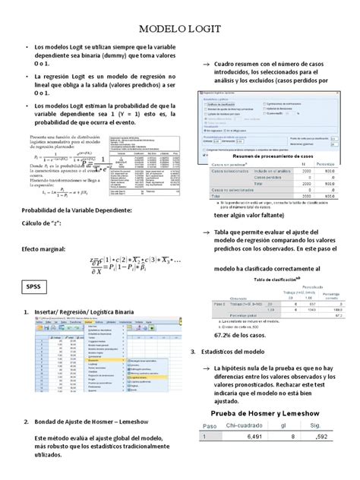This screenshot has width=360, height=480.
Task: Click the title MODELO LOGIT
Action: (x=180, y=30)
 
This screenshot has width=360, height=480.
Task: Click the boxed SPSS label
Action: (x=34, y=286)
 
